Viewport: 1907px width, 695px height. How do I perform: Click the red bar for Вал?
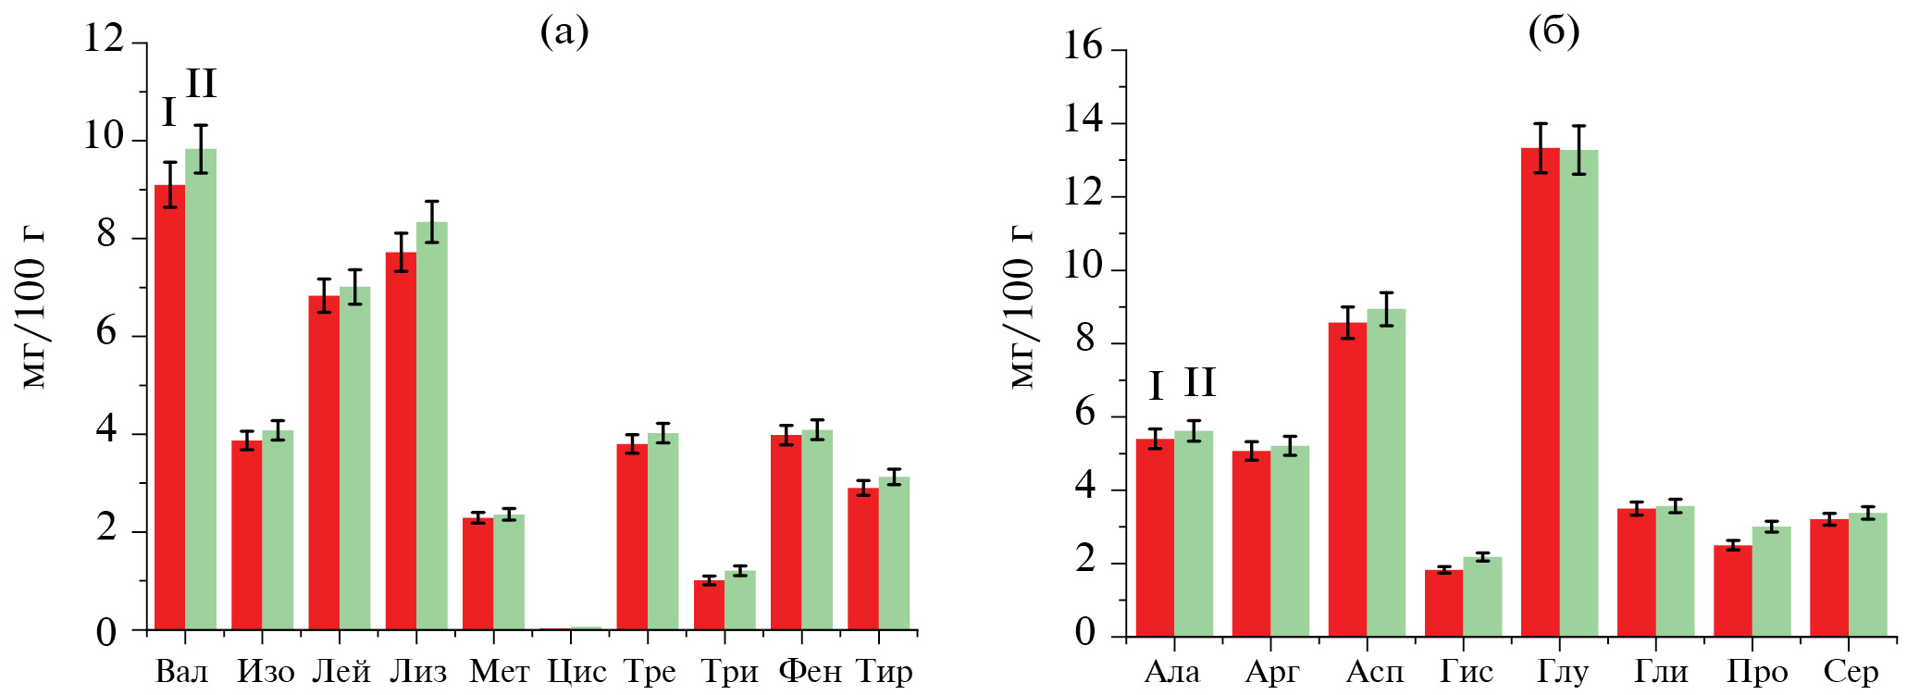170,407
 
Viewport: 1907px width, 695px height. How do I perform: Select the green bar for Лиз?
432,426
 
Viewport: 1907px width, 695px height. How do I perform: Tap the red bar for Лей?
324,463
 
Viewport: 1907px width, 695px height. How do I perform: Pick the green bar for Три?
740,601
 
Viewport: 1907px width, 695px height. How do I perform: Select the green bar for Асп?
1386,473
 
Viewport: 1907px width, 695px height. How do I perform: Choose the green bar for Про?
1771,582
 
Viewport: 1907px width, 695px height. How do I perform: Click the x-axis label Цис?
576,672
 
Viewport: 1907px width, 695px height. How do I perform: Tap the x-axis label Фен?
810,672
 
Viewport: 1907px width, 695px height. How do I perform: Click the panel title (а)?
564,32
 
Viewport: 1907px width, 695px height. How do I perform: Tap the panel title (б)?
1554,32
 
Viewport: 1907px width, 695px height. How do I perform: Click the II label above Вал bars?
201,84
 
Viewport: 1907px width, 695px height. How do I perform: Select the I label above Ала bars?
1156,386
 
